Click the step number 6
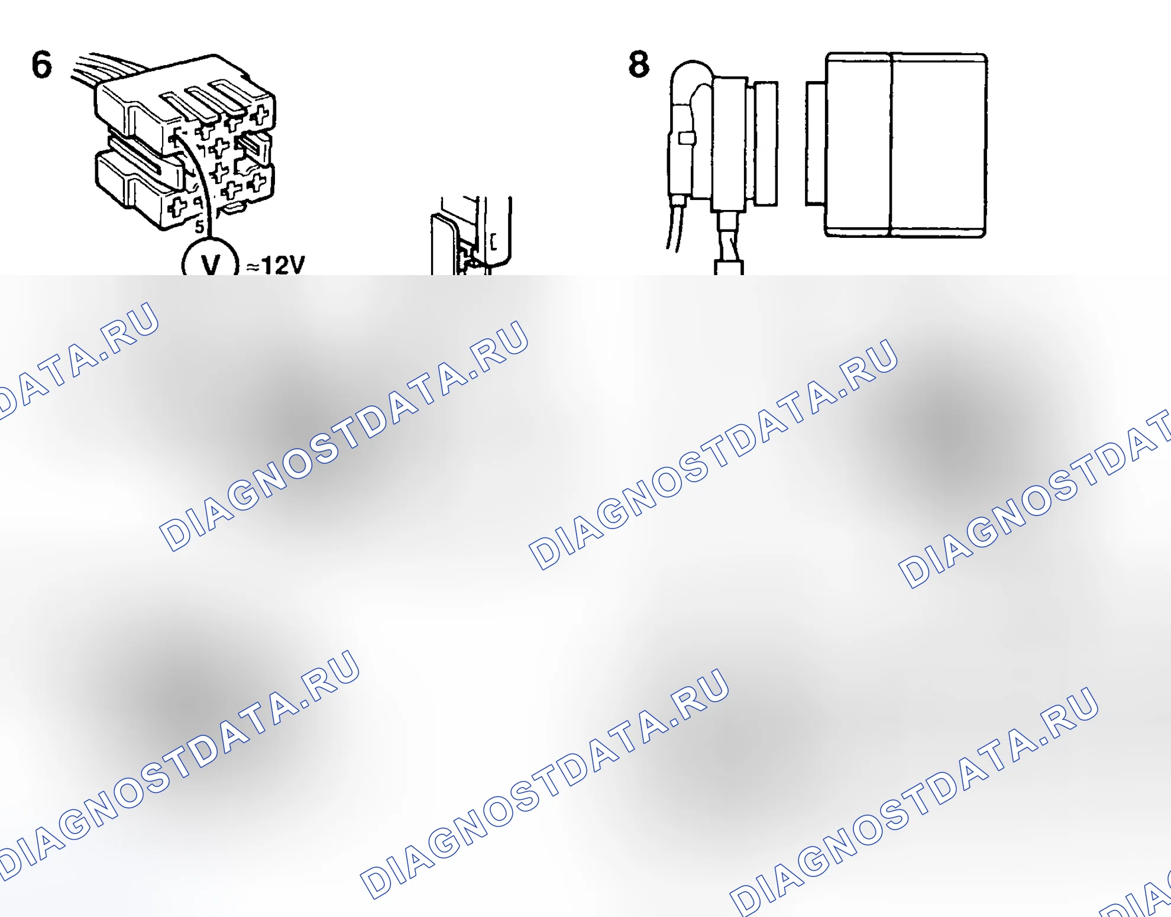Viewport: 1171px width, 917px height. coord(41,64)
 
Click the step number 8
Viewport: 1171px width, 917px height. coord(639,64)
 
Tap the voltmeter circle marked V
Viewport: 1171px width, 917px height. coord(210,259)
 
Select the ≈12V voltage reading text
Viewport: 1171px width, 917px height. coord(276,265)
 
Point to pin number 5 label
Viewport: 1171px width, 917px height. coord(200,227)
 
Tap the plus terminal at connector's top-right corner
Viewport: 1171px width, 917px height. coord(260,115)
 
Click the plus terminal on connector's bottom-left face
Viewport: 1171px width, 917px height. coord(177,207)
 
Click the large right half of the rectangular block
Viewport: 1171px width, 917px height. coord(939,145)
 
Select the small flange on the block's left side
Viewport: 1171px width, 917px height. coord(816,144)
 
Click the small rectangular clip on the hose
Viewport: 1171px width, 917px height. coord(686,138)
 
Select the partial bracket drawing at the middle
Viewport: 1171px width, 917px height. coord(471,235)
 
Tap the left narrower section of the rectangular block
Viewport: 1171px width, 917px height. coord(858,145)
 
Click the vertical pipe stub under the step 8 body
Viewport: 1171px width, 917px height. coord(729,243)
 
